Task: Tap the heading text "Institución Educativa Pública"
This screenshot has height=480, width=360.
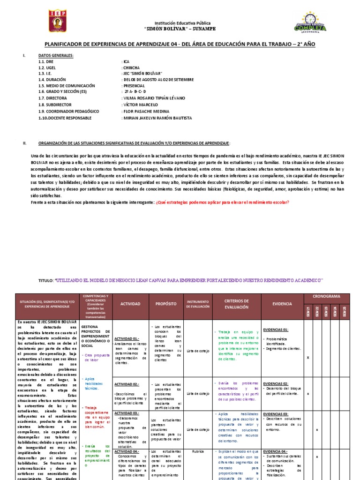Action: tap(183, 22)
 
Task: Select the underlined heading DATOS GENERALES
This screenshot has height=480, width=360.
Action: tap(56, 56)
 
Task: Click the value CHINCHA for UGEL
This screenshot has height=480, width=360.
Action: tap(133, 68)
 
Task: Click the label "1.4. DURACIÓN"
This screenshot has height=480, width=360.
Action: tap(53, 80)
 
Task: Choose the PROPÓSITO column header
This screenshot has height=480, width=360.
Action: tap(166, 304)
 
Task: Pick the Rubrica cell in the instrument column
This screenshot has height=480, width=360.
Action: tap(196, 452)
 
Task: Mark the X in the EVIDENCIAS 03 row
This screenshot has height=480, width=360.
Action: tap(317, 430)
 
